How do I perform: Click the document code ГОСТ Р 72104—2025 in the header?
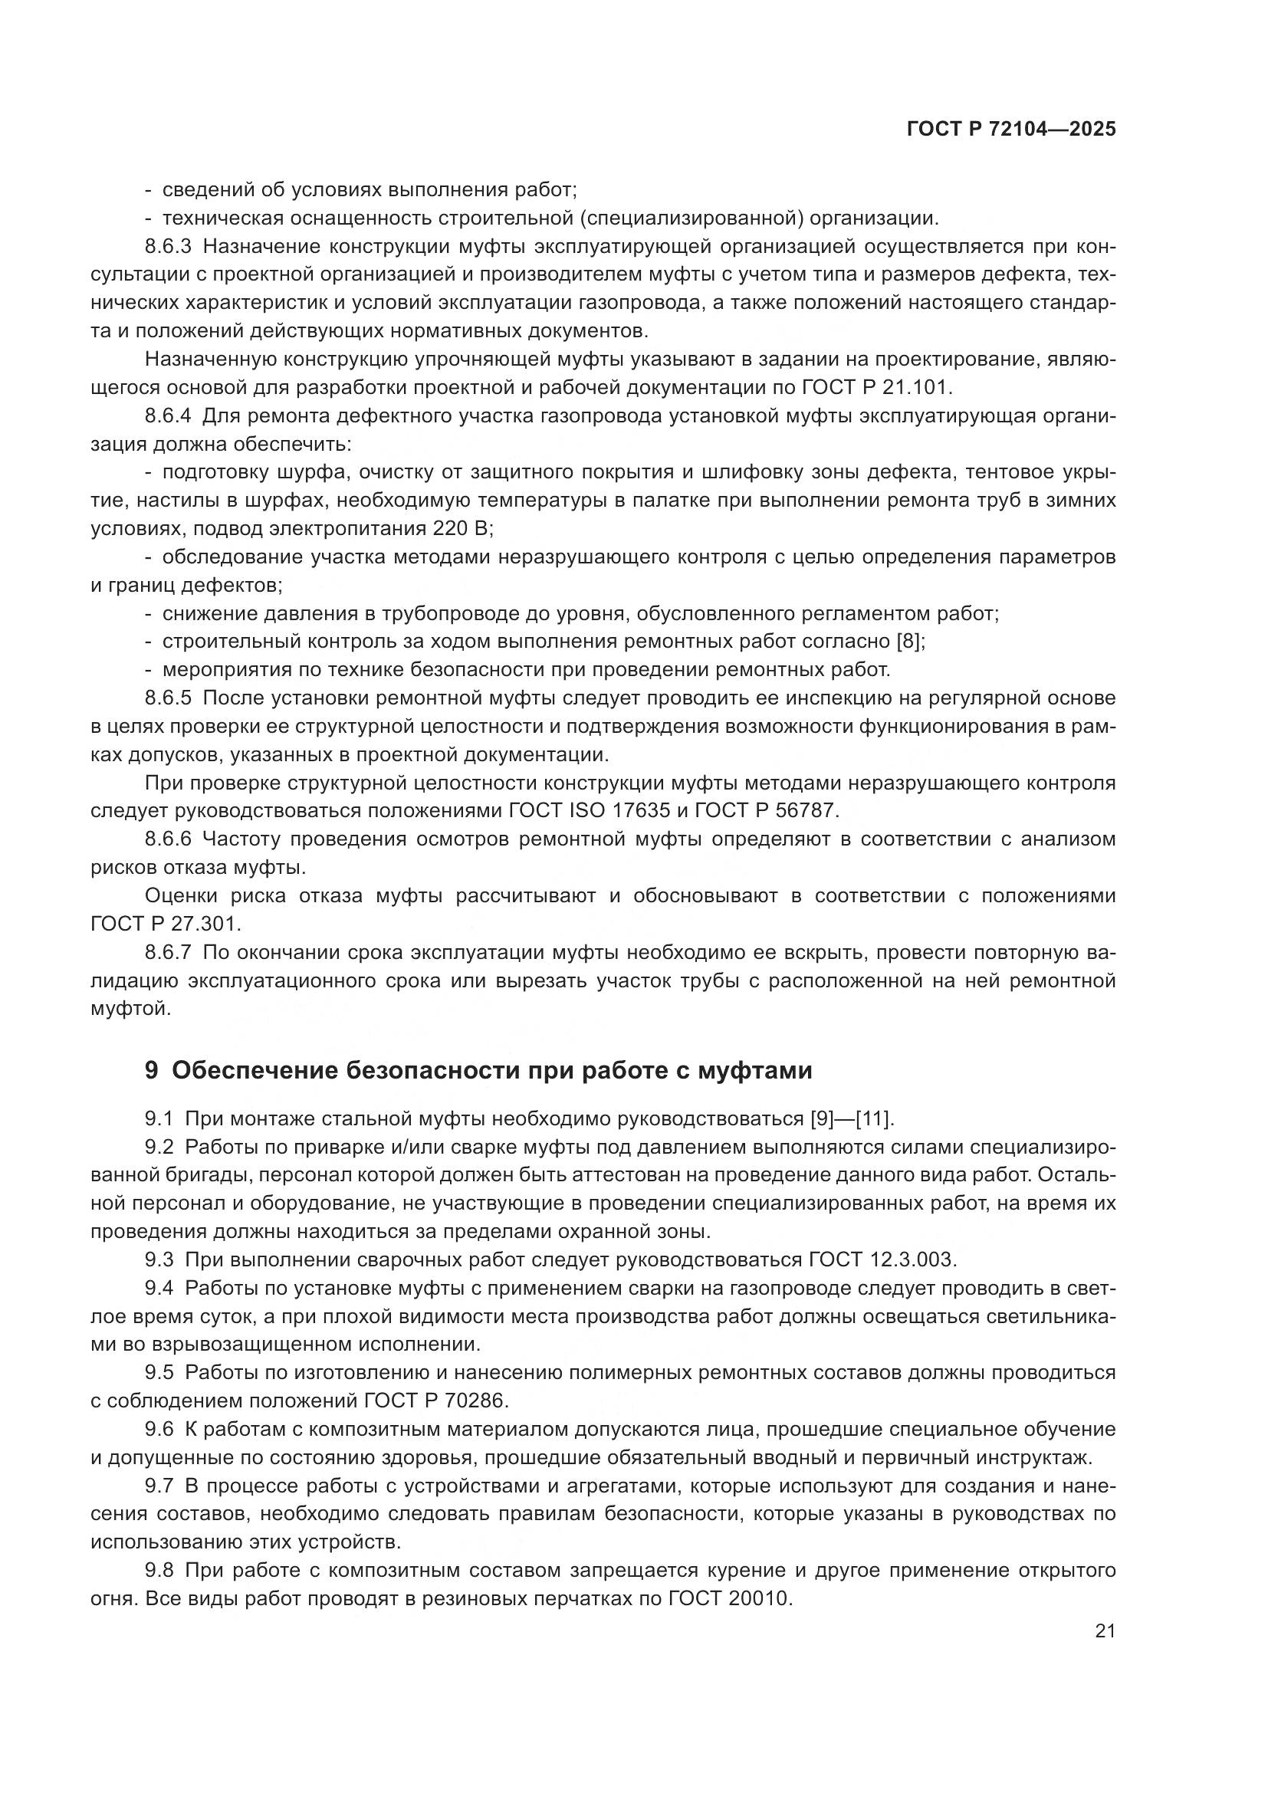click(x=1011, y=130)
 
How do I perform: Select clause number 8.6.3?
click(x=168, y=247)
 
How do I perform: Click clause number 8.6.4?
click(x=168, y=416)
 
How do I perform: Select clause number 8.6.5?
click(x=168, y=698)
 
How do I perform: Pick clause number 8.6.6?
click(x=168, y=839)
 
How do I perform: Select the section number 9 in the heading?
click(x=152, y=1070)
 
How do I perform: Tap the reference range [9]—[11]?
click(x=849, y=1119)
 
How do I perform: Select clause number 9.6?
click(x=159, y=1429)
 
